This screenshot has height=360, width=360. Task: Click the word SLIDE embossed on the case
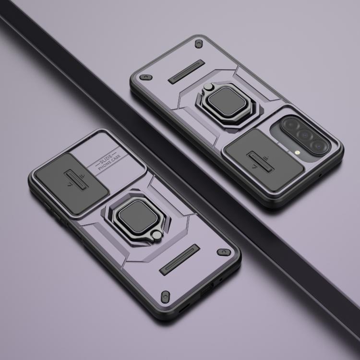click(106, 159)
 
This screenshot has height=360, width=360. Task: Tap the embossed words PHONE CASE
click(109, 163)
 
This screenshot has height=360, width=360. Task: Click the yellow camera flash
click(297, 152)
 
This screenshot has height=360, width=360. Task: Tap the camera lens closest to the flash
click(318, 145)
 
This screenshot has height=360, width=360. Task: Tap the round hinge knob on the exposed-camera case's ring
click(208, 86)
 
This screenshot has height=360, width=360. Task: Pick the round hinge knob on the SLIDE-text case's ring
click(157, 236)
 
